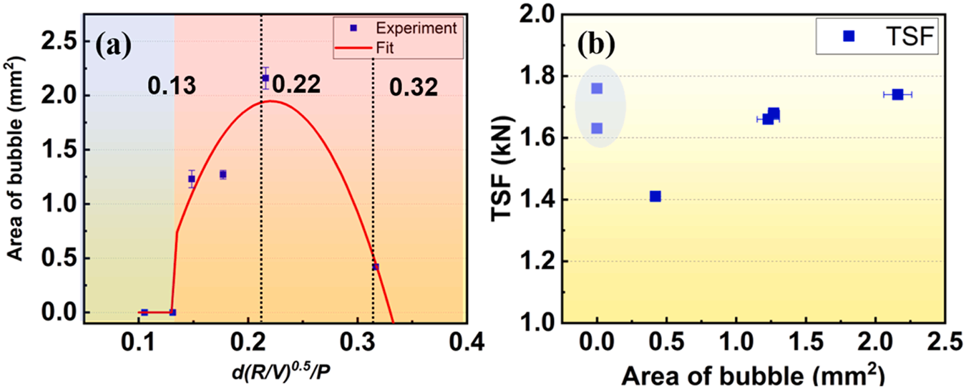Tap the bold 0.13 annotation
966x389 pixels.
point(172,87)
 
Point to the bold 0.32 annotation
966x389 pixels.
point(413,87)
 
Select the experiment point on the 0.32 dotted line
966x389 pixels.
point(375,267)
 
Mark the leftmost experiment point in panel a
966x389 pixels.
point(145,312)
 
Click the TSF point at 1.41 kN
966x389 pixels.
point(655,196)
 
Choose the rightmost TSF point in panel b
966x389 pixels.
point(897,94)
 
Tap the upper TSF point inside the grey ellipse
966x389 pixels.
point(597,88)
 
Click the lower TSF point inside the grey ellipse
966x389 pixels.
point(597,128)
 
